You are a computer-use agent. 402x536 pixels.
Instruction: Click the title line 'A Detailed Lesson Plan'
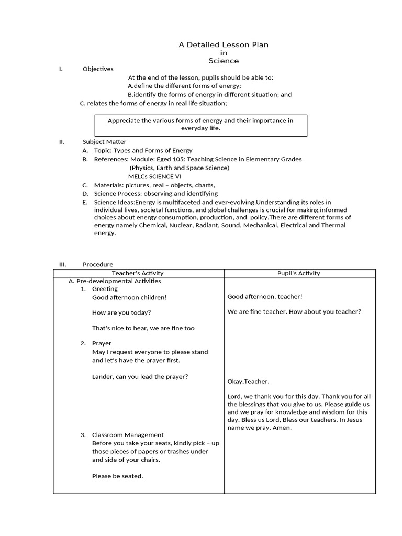click(x=224, y=45)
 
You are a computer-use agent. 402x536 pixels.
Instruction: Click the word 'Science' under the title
click(x=224, y=61)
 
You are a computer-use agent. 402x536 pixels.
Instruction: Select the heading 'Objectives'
click(x=98, y=69)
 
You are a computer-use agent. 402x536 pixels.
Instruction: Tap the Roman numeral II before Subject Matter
click(x=61, y=142)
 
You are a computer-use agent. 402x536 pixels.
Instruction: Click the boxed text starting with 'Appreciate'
click(x=200, y=125)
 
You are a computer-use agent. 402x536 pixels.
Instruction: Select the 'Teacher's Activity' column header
click(x=138, y=273)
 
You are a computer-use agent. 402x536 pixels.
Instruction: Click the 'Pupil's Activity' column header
click(x=299, y=273)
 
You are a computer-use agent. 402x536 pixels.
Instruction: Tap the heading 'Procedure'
click(x=98, y=265)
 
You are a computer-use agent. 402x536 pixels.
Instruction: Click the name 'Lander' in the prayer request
click(x=103, y=377)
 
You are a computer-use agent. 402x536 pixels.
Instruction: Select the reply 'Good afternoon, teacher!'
click(x=265, y=297)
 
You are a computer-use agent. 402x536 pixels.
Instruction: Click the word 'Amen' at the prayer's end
click(x=282, y=428)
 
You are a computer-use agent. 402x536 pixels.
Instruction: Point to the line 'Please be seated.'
click(x=117, y=476)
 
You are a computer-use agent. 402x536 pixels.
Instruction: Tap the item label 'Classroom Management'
click(x=128, y=435)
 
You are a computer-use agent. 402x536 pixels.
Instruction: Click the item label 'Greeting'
click(x=105, y=289)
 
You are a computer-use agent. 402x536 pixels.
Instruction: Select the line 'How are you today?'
click(x=121, y=312)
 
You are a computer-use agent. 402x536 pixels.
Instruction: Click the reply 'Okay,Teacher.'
click(x=249, y=382)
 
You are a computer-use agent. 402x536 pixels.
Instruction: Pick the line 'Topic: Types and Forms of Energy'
click(x=143, y=151)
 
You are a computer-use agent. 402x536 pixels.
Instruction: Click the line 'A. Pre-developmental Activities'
click(x=115, y=281)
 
